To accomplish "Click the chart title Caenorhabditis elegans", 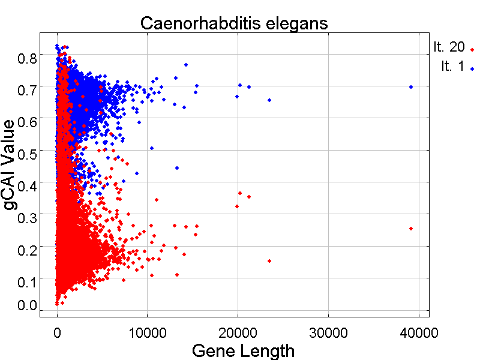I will [x=234, y=23].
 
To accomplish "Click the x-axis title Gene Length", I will [x=242, y=350].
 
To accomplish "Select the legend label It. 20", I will [x=448, y=47].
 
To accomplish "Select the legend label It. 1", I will [x=452, y=66].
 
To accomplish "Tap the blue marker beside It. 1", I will [x=472, y=69].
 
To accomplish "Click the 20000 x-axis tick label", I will [x=238, y=331].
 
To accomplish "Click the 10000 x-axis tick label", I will [x=148, y=331].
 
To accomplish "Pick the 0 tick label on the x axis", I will [x=57, y=331].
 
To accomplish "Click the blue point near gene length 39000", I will [x=411, y=87].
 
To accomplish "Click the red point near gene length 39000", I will [x=411, y=229].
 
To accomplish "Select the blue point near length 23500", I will [x=269, y=100].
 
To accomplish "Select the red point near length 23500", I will [x=269, y=261].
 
